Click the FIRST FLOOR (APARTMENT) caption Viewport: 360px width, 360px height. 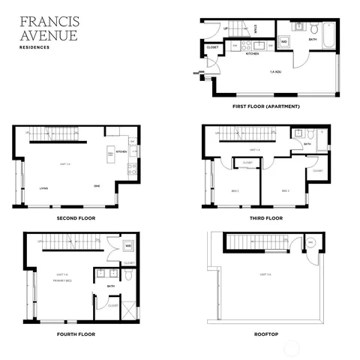coord(265,106)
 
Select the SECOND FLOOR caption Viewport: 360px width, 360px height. coord(76,218)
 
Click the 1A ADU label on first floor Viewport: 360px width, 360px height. coord(277,73)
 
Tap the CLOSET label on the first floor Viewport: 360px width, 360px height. coord(212,47)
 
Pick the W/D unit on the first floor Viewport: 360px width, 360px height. coord(284,41)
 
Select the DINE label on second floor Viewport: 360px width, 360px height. coord(97,186)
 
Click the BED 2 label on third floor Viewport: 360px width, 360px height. coord(235,190)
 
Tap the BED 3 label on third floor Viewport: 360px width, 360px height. coord(285,190)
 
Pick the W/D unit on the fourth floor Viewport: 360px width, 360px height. coord(127,245)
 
